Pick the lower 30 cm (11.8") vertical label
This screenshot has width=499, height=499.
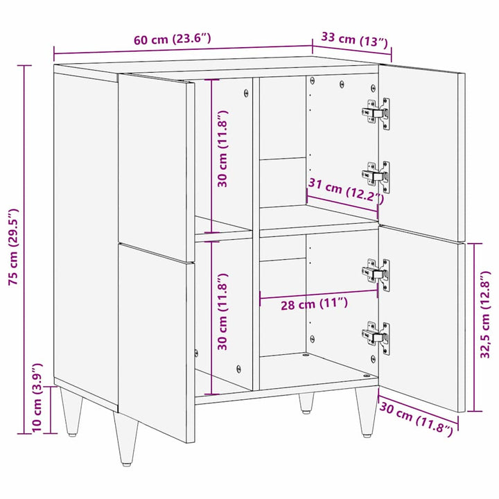click(x=222, y=313)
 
